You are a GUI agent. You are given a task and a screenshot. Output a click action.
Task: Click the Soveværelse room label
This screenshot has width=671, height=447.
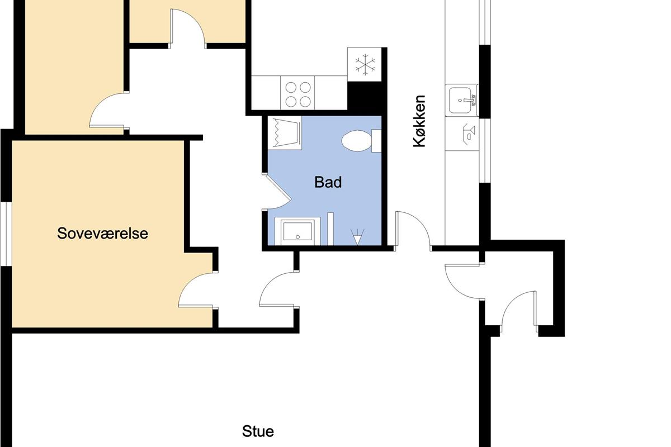pyautogui.click(x=102, y=233)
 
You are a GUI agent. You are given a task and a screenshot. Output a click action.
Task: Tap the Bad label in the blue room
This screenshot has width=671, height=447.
pyautogui.click(x=328, y=182)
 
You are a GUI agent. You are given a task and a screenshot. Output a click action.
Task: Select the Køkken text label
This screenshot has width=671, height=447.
pyautogui.click(x=419, y=121)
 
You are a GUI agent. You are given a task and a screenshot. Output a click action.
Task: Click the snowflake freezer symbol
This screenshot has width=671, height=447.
pyautogui.click(x=365, y=64)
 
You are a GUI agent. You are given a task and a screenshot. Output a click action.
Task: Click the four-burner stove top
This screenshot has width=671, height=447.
pyautogui.click(x=297, y=93)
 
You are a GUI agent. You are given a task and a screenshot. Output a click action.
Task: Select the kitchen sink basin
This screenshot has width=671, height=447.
pyautogui.click(x=460, y=101)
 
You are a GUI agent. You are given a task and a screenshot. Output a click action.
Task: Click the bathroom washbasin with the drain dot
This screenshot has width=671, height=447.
pyautogui.click(x=297, y=231)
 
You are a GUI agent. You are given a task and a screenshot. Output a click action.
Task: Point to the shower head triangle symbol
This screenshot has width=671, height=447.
pyautogui.click(x=357, y=237)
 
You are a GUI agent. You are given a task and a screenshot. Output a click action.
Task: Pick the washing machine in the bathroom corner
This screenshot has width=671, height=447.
pyautogui.click(x=285, y=132)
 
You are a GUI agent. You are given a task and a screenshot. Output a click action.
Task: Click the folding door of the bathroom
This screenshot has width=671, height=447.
pyautogui.click(x=277, y=192)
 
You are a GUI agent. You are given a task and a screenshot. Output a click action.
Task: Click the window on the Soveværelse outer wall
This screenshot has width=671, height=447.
pyautogui.click(x=6, y=234)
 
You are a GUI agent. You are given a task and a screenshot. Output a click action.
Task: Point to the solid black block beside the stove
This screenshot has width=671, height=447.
pyautogui.click(x=364, y=96)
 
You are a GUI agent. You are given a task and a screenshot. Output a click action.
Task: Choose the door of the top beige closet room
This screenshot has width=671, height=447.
pyautogui.click(x=187, y=28)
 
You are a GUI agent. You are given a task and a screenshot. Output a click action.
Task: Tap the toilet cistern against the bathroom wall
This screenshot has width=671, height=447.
pyautogui.click(x=376, y=141)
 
